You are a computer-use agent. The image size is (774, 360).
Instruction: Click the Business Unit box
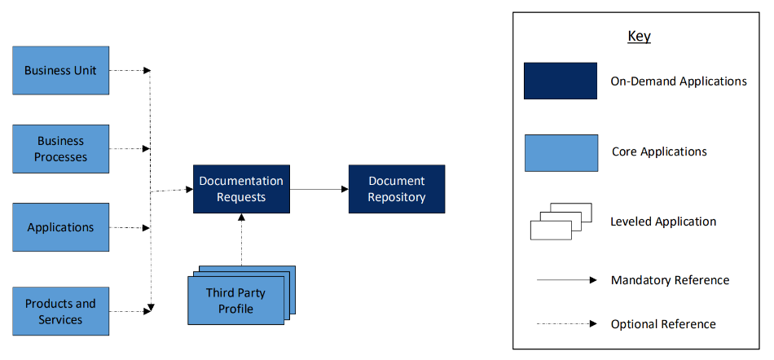[61, 71]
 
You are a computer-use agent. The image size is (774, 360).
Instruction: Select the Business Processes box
[61, 149]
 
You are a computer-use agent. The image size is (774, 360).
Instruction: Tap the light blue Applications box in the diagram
[61, 227]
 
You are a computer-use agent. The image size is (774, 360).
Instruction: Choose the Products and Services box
[61, 311]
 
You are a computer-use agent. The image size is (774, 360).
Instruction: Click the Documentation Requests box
[241, 189]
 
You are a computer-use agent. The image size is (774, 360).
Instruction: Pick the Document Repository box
[397, 189]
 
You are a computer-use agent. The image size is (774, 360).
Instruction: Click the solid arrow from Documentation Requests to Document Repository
[319, 189]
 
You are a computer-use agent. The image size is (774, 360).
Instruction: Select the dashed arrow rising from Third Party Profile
[241, 239]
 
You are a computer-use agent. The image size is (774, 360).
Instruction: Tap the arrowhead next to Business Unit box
[147, 71]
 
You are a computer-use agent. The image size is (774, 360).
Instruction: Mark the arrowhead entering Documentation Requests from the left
[190, 189]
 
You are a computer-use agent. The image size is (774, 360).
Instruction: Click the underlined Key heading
[640, 36]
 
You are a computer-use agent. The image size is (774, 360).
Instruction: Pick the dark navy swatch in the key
[561, 81]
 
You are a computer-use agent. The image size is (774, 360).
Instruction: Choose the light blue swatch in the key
[561, 153]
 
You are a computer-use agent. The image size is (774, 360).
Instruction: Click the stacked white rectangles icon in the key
[561, 222]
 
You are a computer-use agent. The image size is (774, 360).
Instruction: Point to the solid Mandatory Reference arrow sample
[567, 280]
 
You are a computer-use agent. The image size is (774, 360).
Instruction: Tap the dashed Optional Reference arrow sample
[567, 324]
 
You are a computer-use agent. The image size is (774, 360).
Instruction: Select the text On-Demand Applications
[679, 81]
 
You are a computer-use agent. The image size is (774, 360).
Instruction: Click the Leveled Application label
[663, 222]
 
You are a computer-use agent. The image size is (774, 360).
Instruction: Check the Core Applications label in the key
[659, 151]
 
